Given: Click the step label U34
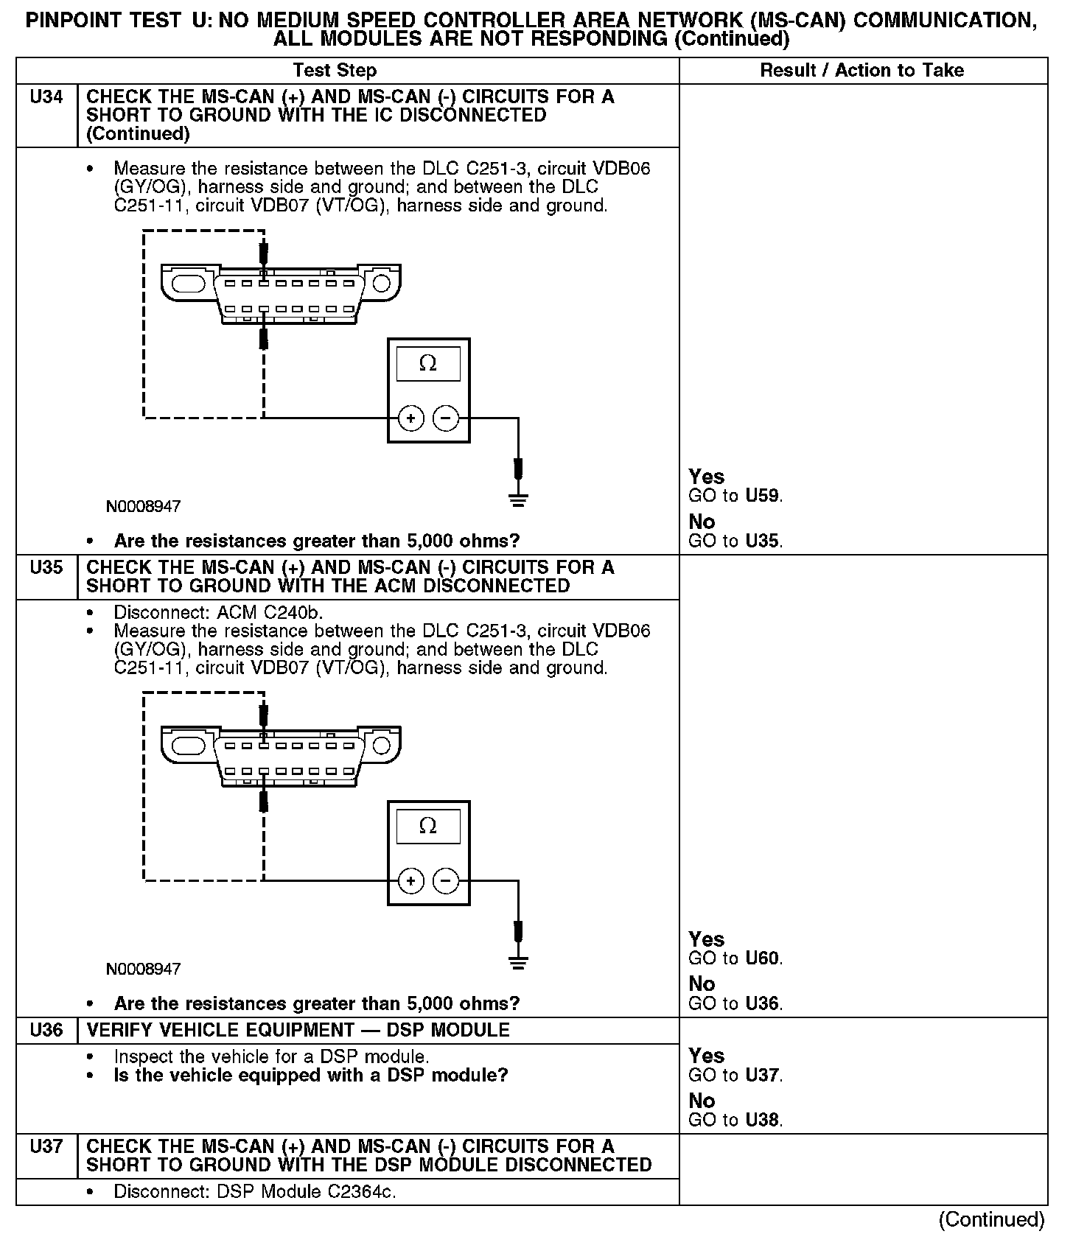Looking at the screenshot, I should pos(46,97).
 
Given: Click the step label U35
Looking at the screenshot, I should pos(46,568).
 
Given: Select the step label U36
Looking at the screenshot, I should pos(46,1030).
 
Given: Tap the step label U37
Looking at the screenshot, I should pos(46,1146).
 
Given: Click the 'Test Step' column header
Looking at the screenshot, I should pos(335,71).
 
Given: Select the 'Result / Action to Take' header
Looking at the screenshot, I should pos(861,71).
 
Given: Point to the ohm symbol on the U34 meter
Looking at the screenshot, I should pos(427,363).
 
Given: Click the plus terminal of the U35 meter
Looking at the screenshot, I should pos(410,880).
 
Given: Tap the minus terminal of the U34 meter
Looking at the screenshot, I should pos(445,418).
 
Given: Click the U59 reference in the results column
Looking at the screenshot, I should pos(762,496).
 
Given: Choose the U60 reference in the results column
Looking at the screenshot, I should pos(762,958).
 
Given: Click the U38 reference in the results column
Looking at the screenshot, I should pos(762,1121).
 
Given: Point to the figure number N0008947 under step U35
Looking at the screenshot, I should pos(143,969).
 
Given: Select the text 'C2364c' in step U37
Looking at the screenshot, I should pos(361,1192).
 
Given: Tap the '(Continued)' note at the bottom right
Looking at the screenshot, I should pos(991,1220).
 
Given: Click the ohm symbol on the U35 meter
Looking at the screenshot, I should pos(427,826).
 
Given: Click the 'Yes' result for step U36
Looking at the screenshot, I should pos(706,1056).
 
